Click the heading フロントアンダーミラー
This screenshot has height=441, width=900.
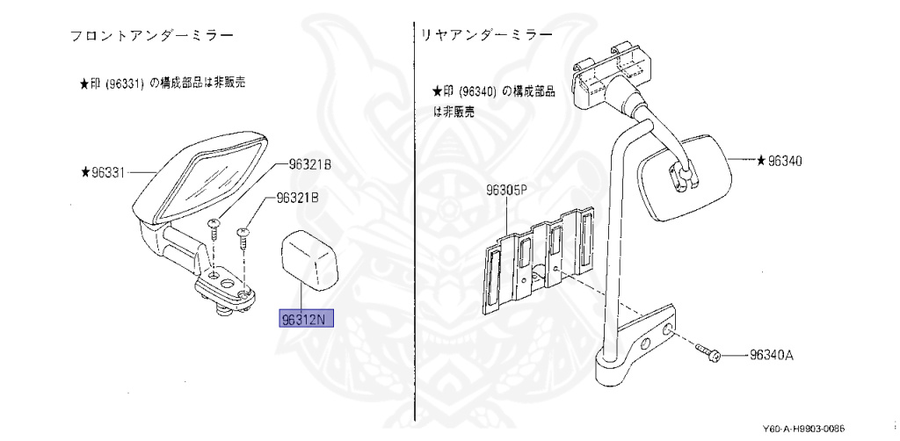(x=155, y=37)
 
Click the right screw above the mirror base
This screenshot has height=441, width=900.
(x=243, y=233)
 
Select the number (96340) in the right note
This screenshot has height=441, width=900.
(x=478, y=91)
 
